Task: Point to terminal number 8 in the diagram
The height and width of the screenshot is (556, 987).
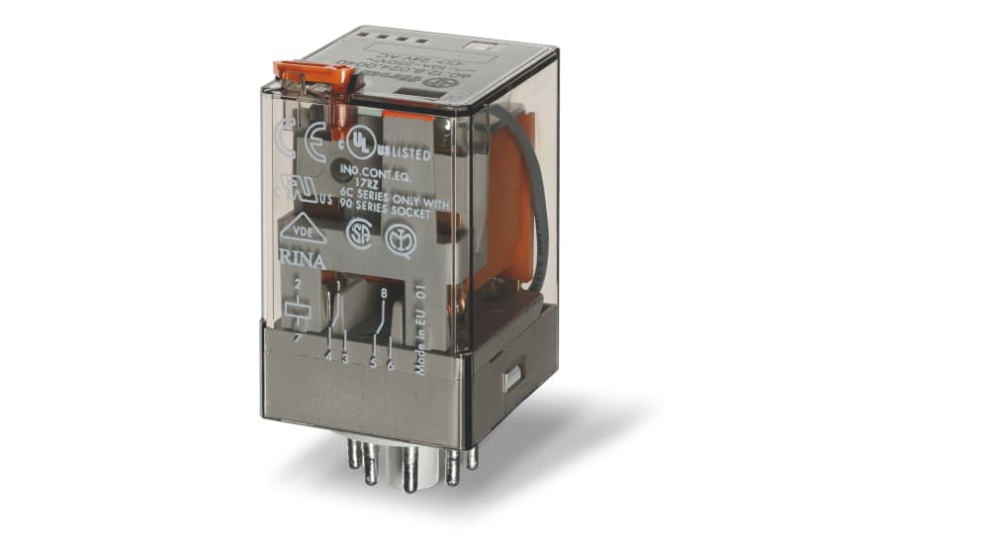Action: (383, 292)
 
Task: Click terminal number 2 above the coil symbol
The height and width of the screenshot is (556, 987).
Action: (297, 283)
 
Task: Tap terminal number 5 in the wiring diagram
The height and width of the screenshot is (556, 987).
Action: (373, 362)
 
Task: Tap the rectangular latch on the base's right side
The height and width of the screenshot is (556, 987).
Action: (512, 378)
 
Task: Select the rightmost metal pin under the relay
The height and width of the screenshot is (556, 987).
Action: (472, 456)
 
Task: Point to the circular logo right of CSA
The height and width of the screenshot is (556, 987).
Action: (401, 239)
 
